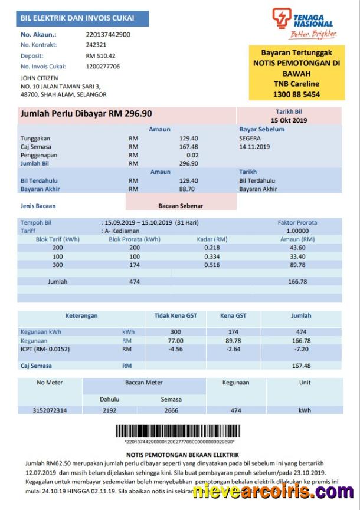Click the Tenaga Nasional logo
(x=304, y=24)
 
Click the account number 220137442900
(x=108, y=34)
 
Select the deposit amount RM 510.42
(x=101, y=56)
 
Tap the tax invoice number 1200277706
(x=103, y=67)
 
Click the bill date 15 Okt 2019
(x=289, y=120)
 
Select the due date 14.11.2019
(x=254, y=146)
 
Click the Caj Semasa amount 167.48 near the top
(x=189, y=146)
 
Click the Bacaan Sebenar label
(x=181, y=206)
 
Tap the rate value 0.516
(x=212, y=265)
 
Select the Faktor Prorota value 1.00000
(x=297, y=231)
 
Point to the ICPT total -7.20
(x=302, y=349)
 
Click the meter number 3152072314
(x=50, y=410)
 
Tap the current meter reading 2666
(x=171, y=410)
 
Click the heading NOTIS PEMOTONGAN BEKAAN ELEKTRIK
(x=182, y=455)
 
